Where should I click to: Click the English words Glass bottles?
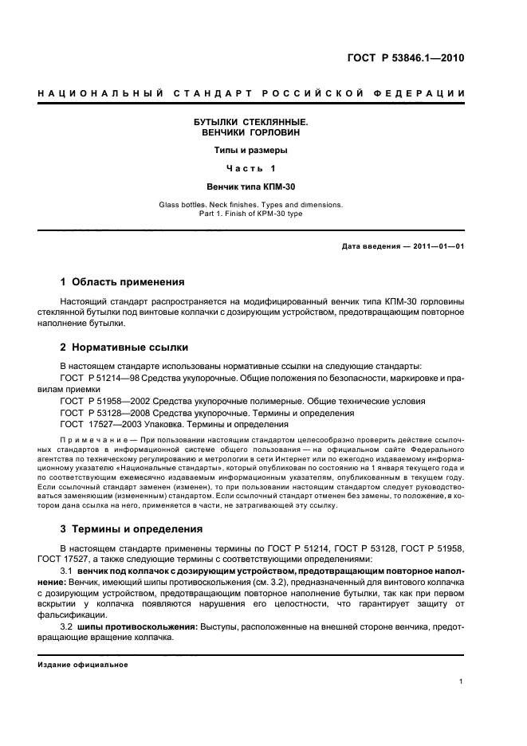pyautogui.click(x=185, y=205)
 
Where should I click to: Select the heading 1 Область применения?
pyautogui.click(x=123, y=282)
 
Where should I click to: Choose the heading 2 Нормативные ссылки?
pyautogui.click(x=124, y=347)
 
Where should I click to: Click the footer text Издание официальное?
pyautogui.click(x=83, y=665)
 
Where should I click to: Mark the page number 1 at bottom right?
pyautogui.click(x=462, y=681)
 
